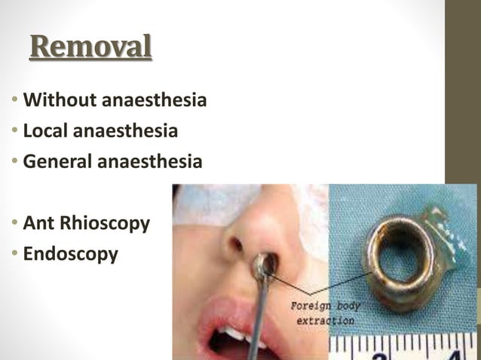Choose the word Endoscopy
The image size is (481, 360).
coord(71,255)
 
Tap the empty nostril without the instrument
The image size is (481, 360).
coord(235,245)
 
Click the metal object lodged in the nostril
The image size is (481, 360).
coord(263,263)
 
